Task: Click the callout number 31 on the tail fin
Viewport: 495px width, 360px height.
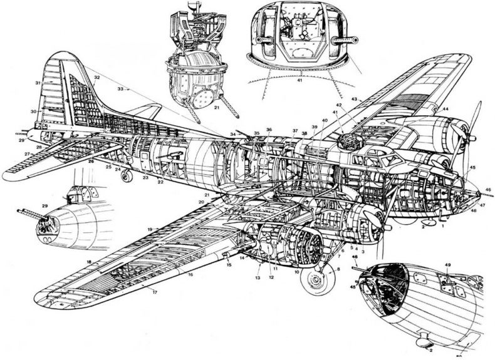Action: (x=38, y=83)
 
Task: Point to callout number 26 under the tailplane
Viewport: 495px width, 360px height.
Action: (x=90, y=162)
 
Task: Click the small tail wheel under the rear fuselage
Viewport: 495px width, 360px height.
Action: (x=127, y=177)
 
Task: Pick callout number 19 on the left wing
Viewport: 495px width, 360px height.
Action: (x=150, y=230)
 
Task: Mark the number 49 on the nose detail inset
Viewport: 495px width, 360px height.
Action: (x=447, y=265)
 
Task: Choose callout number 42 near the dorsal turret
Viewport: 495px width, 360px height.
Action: (x=338, y=105)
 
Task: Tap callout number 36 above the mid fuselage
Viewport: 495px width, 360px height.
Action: (x=269, y=130)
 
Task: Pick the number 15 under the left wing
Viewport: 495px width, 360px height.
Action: (x=229, y=265)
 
